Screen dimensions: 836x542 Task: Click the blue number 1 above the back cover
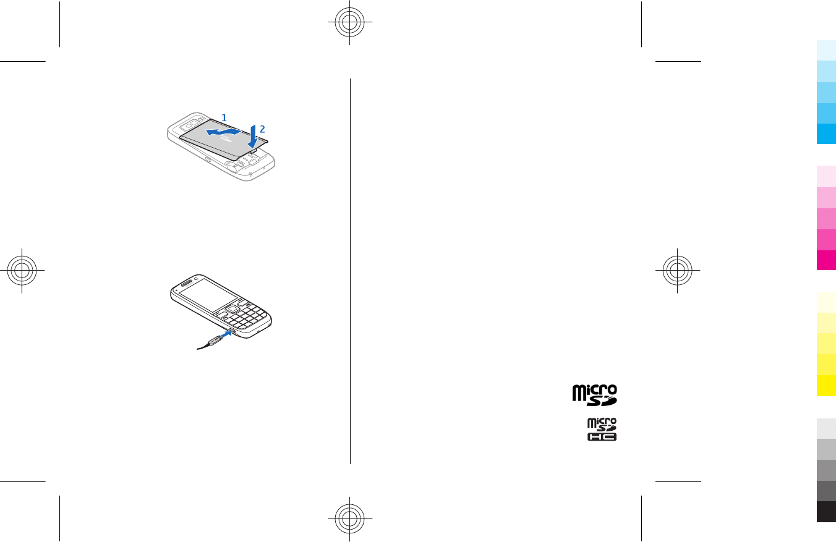pos(224,116)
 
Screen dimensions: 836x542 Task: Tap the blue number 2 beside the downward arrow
pos(262,129)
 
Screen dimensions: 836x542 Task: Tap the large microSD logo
pos(594,395)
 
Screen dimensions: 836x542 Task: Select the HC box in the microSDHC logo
pos(602,436)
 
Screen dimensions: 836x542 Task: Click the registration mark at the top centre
pos(350,24)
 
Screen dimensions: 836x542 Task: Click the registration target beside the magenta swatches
pos(678,271)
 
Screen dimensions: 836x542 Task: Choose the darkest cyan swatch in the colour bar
pos(826,134)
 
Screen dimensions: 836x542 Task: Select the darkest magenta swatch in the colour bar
pos(826,260)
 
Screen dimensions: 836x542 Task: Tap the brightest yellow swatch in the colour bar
pos(826,386)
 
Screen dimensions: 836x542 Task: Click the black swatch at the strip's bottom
pos(826,512)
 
